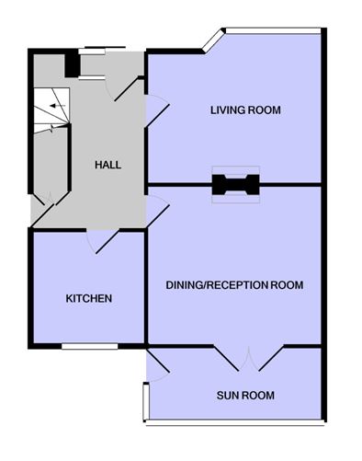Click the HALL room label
(x=107, y=166)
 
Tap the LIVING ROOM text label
(x=244, y=110)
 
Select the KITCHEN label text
(x=88, y=299)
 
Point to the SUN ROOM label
(x=245, y=396)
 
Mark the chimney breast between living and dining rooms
(x=236, y=184)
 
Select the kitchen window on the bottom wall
(x=89, y=346)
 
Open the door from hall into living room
(x=157, y=112)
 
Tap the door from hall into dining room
(x=156, y=210)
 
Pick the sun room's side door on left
(x=157, y=368)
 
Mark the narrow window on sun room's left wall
(x=145, y=402)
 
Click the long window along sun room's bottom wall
(x=234, y=423)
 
